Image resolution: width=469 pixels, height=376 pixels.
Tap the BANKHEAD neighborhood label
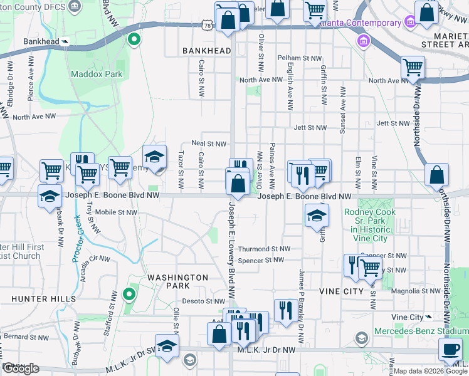(206, 50)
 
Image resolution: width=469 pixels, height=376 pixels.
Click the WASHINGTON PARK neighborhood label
(177, 281)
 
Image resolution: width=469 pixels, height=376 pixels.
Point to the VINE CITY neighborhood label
(341, 292)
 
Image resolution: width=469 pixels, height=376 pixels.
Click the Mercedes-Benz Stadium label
(421, 331)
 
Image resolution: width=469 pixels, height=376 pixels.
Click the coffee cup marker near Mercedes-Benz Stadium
(450, 350)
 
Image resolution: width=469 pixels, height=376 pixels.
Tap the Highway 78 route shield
(208, 23)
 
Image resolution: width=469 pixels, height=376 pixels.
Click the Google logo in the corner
(21, 368)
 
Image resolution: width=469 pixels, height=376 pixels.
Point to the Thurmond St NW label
(264, 249)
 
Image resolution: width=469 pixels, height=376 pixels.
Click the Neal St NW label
(209, 144)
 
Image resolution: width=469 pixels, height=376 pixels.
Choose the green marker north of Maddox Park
(133, 39)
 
